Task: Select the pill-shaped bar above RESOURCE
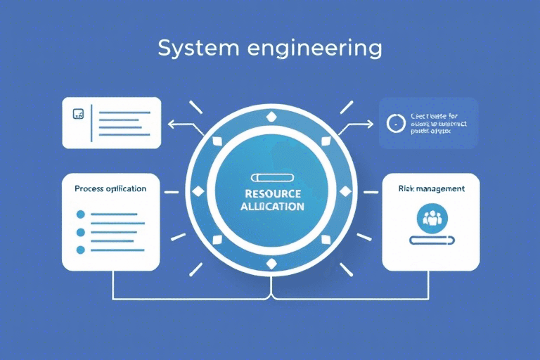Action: coord(270,177)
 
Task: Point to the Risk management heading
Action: coord(430,188)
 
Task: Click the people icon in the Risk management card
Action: coord(430,217)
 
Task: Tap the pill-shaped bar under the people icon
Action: coord(430,240)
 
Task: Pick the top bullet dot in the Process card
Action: coord(80,213)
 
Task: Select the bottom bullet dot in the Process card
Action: coord(80,250)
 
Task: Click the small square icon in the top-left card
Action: coord(78,112)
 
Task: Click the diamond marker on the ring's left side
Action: coord(196,191)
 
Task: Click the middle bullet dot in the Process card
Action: coord(80,231)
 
